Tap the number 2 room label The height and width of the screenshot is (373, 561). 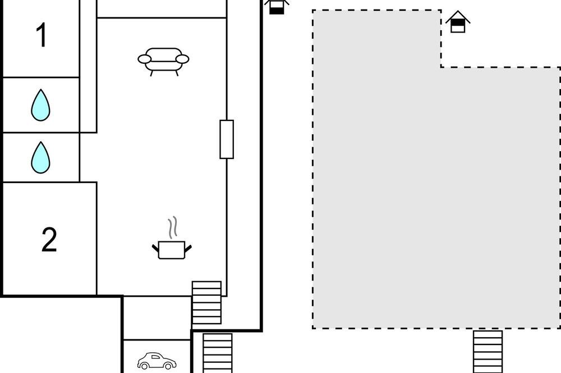tap(49, 239)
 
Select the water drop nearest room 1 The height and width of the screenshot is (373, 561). tap(40, 105)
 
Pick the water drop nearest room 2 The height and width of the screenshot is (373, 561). tap(40, 157)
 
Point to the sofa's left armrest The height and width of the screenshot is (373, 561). tap(145, 59)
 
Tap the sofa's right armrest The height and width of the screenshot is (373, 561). tap(182, 59)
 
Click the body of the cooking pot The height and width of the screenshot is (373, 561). tap(171, 250)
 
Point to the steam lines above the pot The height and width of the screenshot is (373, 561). tap(173, 227)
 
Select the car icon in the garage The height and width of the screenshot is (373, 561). tap(157, 361)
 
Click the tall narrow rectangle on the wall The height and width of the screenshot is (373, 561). tap(227, 139)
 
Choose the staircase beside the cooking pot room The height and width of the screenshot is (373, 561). tap(206, 302)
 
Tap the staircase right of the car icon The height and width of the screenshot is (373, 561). tap(218, 353)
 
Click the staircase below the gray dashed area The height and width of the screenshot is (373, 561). tap(488, 352)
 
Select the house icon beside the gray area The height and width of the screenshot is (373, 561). tap(458, 22)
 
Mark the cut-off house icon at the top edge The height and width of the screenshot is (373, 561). tap(277, 6)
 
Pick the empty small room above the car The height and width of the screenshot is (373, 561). tap(157, 318)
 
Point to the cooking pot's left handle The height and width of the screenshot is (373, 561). tap(155, 247)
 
